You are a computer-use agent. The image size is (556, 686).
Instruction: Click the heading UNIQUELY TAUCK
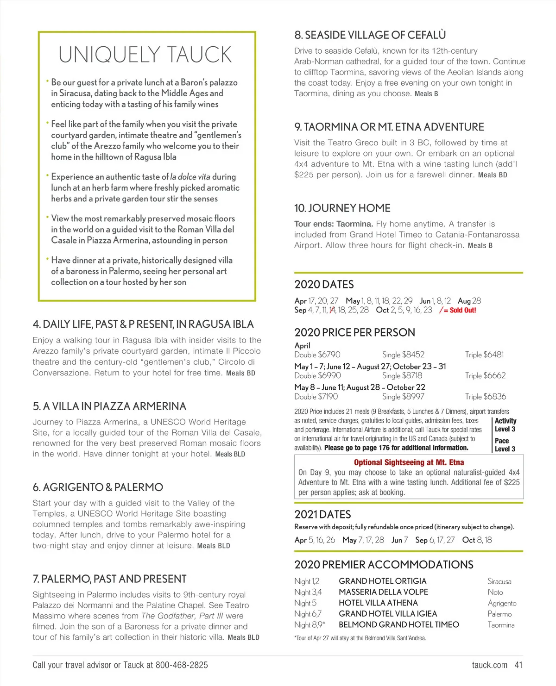(x=145, y=55)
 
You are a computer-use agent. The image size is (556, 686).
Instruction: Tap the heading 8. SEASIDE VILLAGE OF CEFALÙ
(x=370, y=35)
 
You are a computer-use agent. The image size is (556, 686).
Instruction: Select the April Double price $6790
(x=317, y=355)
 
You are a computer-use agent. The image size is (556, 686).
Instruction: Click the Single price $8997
(x=403, y=397)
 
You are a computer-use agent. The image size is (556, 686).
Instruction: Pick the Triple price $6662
(x=485, y=375)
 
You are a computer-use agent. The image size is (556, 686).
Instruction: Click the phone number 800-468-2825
(x=182, y=665)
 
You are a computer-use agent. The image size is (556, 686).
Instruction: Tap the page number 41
(x=518, y=665)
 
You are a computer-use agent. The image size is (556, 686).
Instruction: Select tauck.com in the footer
(x=489, y=665)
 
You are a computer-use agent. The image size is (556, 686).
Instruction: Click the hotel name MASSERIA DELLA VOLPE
(x=383, y=592)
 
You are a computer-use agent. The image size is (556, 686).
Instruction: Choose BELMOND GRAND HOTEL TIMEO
(x=398, y=625)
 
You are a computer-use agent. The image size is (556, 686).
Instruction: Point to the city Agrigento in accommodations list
(x=502, y=603)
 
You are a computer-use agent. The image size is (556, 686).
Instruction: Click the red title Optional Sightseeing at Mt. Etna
(x=409, y=462)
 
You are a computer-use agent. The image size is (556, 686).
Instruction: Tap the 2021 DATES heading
(x=322, y=514)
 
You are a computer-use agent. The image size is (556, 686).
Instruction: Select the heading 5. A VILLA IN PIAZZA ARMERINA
(x=109, y=406)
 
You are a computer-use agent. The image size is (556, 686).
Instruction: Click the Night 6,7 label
(x=308, y=614)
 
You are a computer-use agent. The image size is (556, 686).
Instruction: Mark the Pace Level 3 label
(x=505, y=445)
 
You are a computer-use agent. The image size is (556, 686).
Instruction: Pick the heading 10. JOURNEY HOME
(x=342, y=208)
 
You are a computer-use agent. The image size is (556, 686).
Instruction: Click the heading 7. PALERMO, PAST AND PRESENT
(x=109, y=579)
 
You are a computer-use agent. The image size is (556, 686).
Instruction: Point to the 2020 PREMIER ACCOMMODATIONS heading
(x=384, y=565)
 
